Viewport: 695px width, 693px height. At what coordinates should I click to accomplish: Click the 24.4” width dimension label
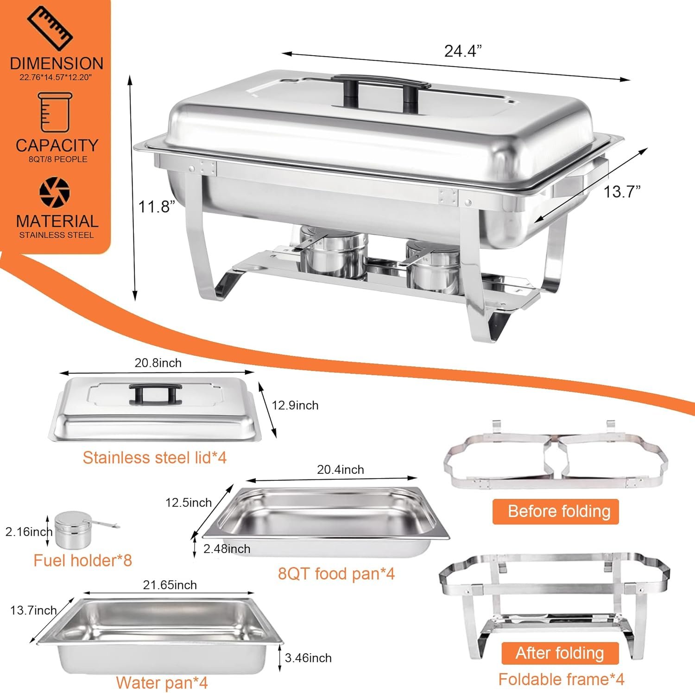click(463, 50)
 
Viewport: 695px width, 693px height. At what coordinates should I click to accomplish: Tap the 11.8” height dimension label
click(157, 207)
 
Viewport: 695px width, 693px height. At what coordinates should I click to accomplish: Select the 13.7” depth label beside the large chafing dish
click(622, 191)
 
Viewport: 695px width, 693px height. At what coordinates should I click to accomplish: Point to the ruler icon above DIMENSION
click(50, 27)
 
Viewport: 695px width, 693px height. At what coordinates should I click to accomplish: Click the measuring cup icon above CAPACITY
click(55, 113)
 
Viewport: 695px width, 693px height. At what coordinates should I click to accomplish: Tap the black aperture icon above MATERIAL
click(55, 192)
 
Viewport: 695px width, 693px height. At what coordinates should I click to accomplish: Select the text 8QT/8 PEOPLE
click(58, 159)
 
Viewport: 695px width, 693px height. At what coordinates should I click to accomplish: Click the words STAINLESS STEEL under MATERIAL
click(57, 235)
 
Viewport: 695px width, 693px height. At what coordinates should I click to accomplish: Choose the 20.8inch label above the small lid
click(158, 363)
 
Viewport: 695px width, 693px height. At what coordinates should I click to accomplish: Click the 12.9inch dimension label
click(295, 405)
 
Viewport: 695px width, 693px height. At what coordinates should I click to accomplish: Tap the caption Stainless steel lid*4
click(155, 458)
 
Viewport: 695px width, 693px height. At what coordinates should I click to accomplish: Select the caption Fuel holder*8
click(83, 561)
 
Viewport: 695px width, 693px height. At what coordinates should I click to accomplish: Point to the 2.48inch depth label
click(227, 549)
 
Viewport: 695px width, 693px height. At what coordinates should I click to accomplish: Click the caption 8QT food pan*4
click(336, 574)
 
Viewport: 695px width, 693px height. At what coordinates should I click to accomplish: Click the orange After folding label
click(560, 653)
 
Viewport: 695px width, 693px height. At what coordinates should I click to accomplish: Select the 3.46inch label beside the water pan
click(308, 658)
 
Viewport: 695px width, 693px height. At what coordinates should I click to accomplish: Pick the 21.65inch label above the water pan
click(170, 585)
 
